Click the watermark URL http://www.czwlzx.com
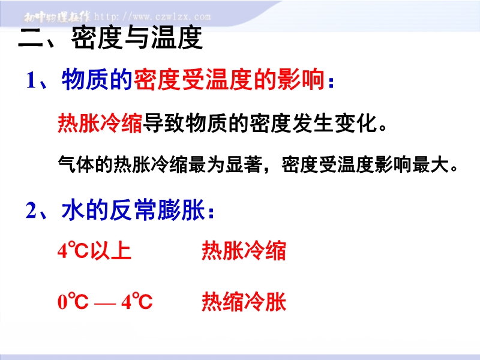[152, 17]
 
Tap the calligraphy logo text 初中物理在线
[57, 17]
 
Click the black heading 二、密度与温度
[110, 38]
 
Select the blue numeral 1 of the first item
[32, 80]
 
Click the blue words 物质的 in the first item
[97, 80]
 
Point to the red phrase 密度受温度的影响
[229, 80]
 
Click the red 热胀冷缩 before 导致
[100, 123]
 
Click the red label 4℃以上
[94, 251]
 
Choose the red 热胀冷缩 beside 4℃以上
[244, 251]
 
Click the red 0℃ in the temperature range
[73, 301]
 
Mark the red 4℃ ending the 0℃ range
[137, 301]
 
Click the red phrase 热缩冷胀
[244, 301]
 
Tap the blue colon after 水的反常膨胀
[211, 212]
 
